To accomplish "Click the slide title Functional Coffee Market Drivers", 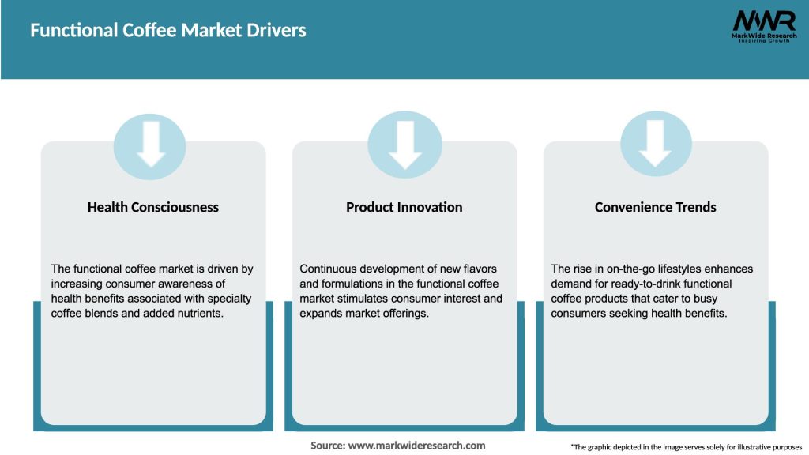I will pos(168,31).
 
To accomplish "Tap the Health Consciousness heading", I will pos(153,207).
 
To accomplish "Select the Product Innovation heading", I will pos(404,207).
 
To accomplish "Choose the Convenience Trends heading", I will pos(655,207).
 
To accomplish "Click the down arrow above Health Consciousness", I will pos(150,144).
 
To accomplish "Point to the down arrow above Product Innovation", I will pos(404,144).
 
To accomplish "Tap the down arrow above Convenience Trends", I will pos(655,144).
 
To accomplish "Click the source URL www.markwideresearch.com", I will pos(417,446).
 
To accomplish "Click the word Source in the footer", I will pos(327,446).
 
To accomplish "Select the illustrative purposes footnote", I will pos(686,447).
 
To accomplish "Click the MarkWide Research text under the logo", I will pos(763,36).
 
